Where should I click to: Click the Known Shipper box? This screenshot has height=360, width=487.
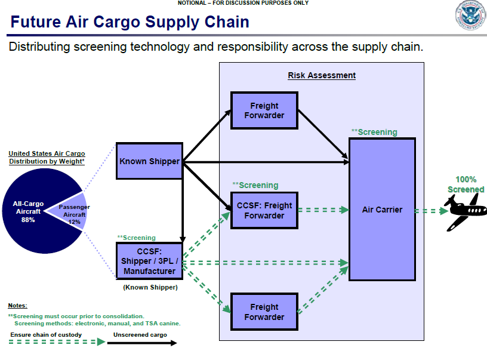(149, 161)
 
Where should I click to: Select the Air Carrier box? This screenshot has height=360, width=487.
(382, 210)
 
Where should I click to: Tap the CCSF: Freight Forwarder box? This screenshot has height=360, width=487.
(264, 210)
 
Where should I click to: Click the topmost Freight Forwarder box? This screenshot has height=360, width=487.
(264, 110)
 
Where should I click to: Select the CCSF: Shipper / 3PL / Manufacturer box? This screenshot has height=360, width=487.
(149, 261)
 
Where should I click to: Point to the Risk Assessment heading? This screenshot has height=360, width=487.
(322, 75)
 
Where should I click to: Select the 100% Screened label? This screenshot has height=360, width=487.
(466, 184)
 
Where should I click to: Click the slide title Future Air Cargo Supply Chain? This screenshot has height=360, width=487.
(130, 23)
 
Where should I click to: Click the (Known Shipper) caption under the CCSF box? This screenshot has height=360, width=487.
(150, 287)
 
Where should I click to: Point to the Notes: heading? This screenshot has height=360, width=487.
(17, 306)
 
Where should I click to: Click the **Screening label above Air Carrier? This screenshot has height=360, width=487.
(374, 132)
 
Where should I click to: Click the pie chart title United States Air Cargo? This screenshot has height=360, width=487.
(47, 154)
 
